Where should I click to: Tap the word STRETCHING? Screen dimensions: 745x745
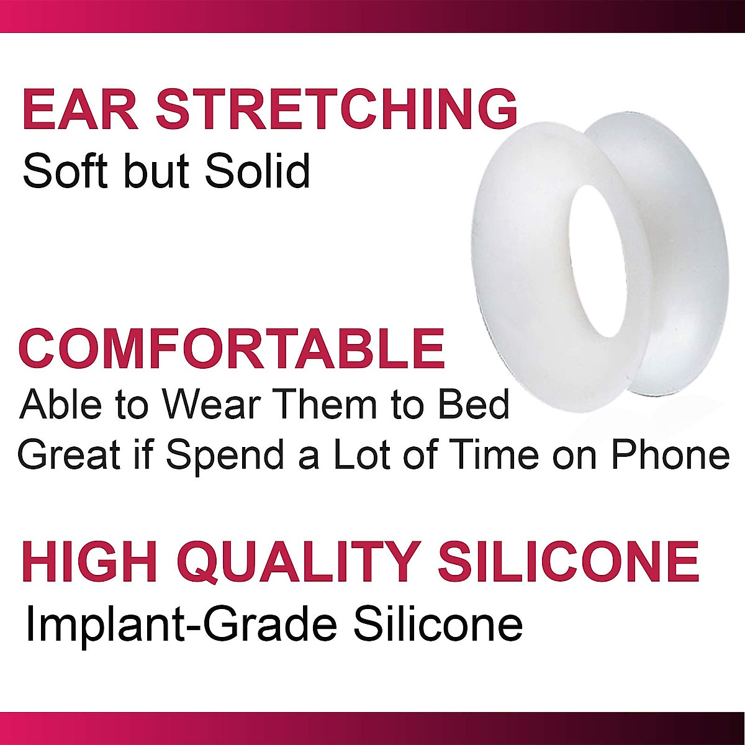(x=336, y=110)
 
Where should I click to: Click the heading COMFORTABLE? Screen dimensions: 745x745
(x=232, y=349)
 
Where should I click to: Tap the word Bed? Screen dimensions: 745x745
(x=473, y=404)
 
